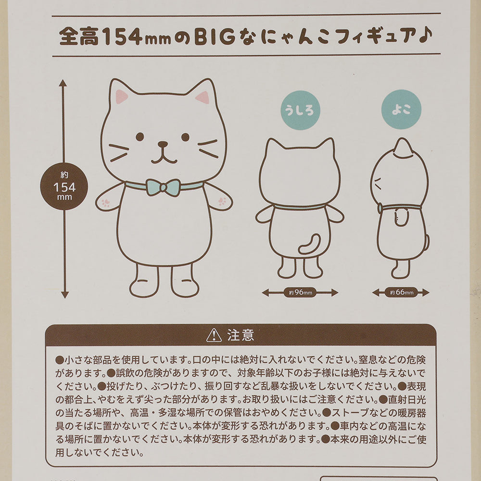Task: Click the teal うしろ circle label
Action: click(300, 112)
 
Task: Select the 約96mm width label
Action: click(300, 292)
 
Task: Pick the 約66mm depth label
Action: click(401, 292)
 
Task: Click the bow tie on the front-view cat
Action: click(164, 187)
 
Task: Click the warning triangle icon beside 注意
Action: click(214, 335)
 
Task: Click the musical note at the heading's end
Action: click(426, 37)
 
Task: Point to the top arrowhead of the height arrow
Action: click(63, 83)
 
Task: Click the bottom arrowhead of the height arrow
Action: click(64, 294)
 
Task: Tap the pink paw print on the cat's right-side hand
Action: click(222, 201)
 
